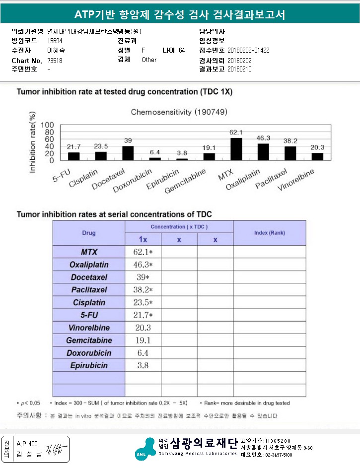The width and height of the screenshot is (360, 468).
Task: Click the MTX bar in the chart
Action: pos(236,149)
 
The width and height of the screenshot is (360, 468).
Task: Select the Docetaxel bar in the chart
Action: pos(128,153)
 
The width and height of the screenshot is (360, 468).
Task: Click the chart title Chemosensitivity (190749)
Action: pos(179,112)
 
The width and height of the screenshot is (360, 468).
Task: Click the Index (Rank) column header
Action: pos(269,233)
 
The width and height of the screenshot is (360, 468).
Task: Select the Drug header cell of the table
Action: pos(89,233)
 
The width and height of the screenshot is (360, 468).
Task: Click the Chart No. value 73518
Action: pos(55,61)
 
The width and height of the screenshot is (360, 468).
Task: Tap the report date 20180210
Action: pos(239,69)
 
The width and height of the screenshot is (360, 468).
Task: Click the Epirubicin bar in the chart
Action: pos(182,159)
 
